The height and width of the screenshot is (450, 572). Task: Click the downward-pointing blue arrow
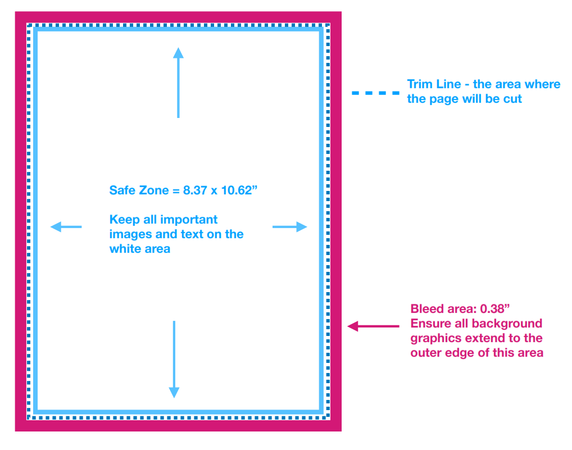pos(174,360)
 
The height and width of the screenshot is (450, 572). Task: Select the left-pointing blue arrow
pos(66,227)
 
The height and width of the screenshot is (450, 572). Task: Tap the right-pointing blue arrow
pos(290,227)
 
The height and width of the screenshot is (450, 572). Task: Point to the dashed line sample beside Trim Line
pos(375,93)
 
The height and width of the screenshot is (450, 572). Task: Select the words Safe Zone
pos(139,190)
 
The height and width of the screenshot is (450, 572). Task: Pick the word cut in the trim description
pos(512,99)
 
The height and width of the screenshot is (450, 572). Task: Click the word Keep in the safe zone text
pos(125,219)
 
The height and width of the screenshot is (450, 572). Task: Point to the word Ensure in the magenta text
pos(433,324)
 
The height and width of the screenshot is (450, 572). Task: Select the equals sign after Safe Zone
pos(176,190)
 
